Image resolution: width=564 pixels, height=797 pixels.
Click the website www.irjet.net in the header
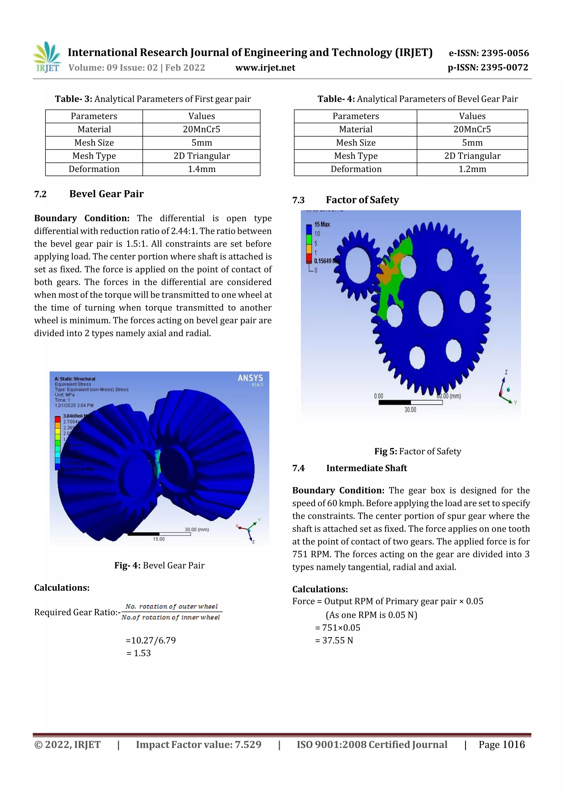point(265,68)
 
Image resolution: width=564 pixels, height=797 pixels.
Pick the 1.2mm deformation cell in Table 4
point(472,169)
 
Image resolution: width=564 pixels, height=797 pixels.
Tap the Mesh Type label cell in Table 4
point(355,156)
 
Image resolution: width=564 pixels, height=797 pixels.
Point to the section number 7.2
point(40,194)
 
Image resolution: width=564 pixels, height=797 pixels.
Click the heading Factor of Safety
point(362,200)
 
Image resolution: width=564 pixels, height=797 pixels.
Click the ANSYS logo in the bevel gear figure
point(250,378)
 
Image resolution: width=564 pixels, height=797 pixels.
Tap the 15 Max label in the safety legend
point(322,224)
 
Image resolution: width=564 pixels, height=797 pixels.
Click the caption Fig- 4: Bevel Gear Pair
point(159,566)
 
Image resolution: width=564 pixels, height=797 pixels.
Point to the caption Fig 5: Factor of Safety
point(417,451)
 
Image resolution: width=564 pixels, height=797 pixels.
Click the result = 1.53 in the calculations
point(139,653)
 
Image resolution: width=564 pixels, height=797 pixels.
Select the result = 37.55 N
point(334,640)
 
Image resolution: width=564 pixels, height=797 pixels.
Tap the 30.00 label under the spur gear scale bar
point(410,410)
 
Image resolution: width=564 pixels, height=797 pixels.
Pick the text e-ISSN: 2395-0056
point(489,53)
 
